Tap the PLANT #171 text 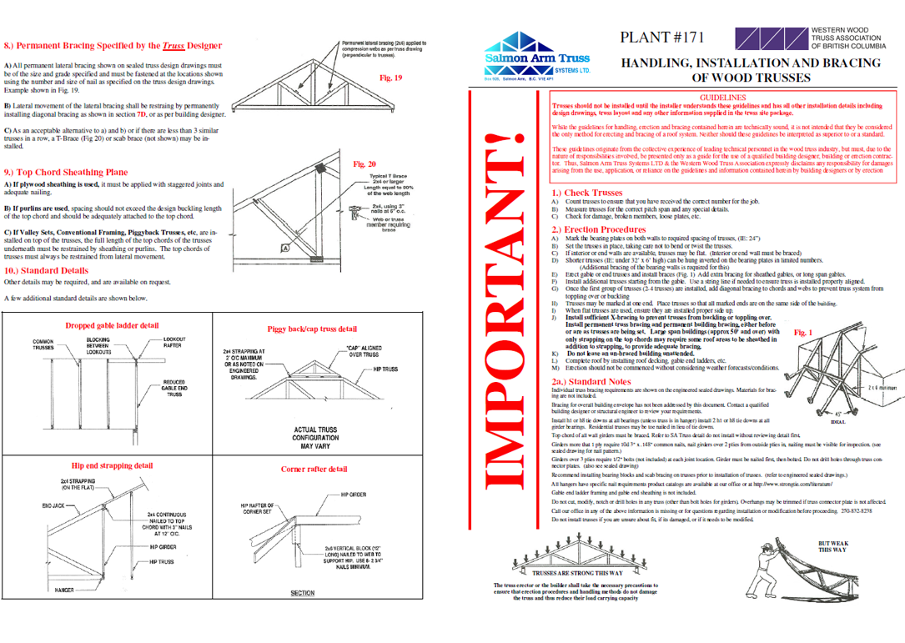[663, 38]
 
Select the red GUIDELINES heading [722, 98]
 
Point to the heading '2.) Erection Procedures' [598, 229]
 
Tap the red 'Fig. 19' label [390, 78]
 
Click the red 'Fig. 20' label [365, 164]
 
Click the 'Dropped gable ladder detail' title [112, 324]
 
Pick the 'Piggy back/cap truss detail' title [312, 329]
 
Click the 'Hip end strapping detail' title [112, 465]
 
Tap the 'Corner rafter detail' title [314, 469]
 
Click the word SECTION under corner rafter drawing [302, 594]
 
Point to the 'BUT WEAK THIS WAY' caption [832, 546]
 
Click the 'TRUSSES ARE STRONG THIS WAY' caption [577, 573]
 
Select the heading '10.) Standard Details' [46, 270]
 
